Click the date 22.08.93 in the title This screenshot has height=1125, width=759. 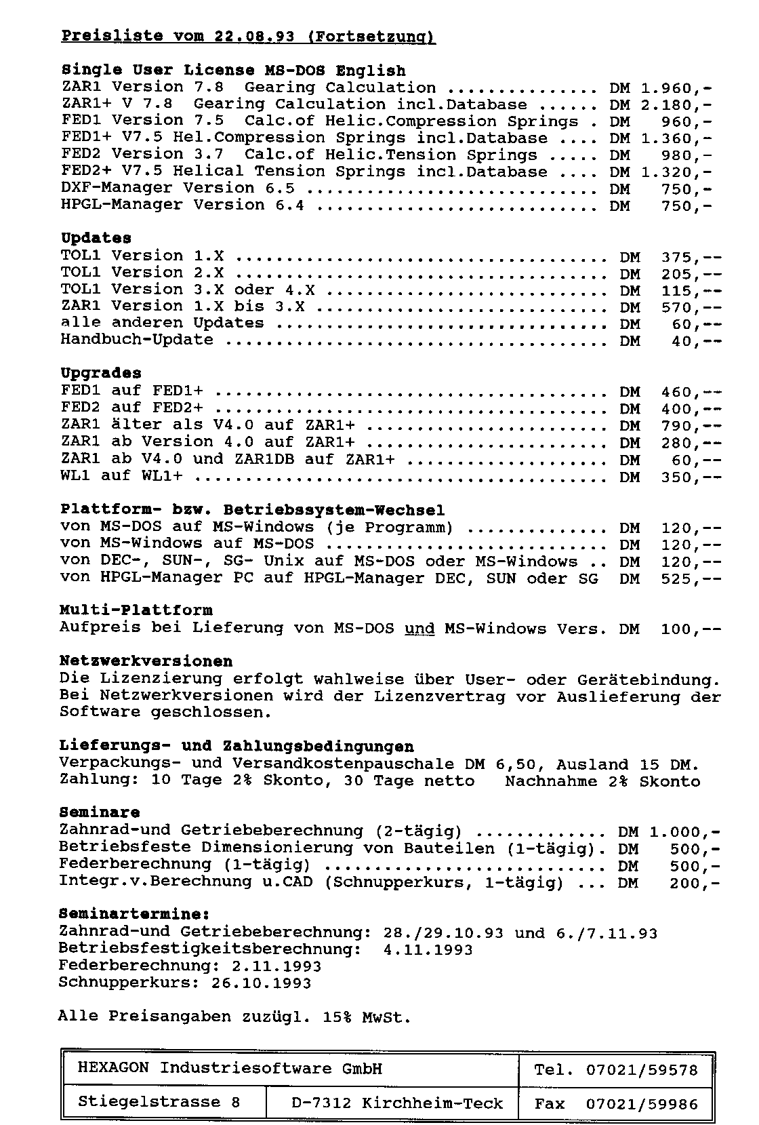pyautogui.click(x=254, y=37)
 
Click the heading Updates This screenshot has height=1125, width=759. pyautogui.click(x=96, y=238)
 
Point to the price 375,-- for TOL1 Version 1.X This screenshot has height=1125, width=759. pyautogui.click(x=691, y=258)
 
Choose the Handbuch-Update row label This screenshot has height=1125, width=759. pyautogui.click(x=137, y=340)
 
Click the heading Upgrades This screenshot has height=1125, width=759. pyautogui.click(x=101, y=373)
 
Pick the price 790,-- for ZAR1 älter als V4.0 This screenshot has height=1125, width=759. pyautogui.click(x=691, y=427)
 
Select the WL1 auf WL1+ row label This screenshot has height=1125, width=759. pyautogui.click(x=121, y=476)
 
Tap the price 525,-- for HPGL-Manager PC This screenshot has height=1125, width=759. pyautogui.click(x=691, y=579)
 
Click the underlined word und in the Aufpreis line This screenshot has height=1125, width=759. pyautogui.click(x=419, y=629)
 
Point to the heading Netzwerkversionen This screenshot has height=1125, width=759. pyautogui.click(x=146, y=661)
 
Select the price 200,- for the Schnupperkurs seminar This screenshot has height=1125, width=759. pyautogui.click(x=695, y=883)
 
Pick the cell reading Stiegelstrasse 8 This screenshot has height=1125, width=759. pyautogui.click(x=159, y=1102)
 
